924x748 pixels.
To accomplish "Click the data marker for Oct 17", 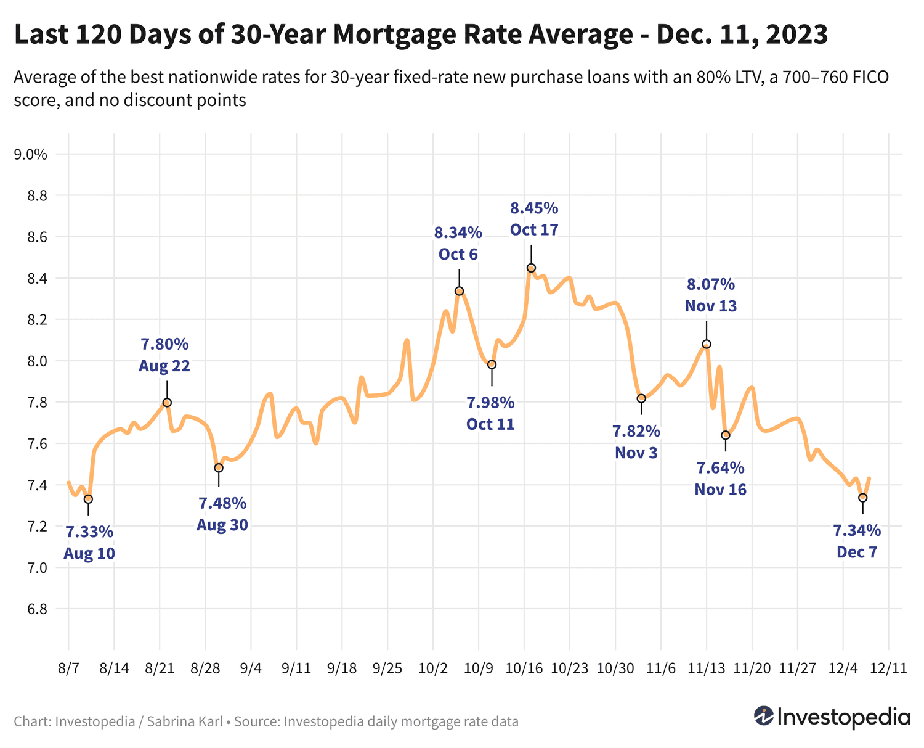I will point(531,268).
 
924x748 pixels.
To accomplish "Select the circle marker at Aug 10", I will point(88,499).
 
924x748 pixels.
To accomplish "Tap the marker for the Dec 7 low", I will point(863,498).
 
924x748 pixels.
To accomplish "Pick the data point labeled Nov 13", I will point(707,344).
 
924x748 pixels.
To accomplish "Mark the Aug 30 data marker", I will point(219,467).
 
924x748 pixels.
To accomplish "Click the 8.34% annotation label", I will point(458,232).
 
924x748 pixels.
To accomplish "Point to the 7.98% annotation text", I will point(490,403).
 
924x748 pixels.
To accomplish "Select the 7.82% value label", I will point(636,430).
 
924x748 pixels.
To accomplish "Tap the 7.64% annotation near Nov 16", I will point(721,467).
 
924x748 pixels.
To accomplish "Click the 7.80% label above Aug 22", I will point(164,343).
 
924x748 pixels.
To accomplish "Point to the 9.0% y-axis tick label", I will point(30,154).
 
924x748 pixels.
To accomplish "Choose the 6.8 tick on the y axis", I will point(36,609).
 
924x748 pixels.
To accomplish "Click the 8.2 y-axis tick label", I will point(36,319).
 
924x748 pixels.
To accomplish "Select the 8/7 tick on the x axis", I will point(68,669).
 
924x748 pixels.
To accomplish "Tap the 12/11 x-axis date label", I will point(888,669).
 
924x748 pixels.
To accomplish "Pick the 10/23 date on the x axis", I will point(569,669).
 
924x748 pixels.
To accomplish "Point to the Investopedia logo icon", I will point(764,716).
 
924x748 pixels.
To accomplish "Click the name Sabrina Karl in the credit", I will point(185,721).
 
